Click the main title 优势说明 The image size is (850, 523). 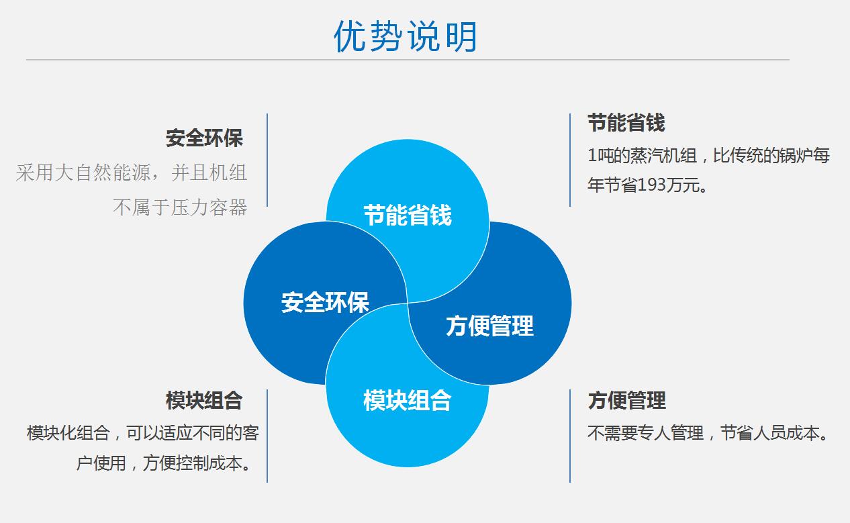(406, 36)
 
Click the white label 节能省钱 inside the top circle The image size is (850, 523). (408, 216)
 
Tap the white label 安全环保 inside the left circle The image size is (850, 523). (325, 303)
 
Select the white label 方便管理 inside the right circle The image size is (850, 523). (490, 326)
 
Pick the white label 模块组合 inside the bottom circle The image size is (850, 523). (407, 400)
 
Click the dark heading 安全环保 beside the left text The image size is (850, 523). (204, 138)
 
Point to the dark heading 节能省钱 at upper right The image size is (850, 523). (626, 123)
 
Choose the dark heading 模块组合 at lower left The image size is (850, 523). (204, 400)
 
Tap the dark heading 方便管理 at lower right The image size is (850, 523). (627, 400)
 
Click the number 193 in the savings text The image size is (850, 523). (652, 185)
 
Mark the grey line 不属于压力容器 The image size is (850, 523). (180, 207)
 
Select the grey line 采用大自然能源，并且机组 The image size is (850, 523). (132, 173)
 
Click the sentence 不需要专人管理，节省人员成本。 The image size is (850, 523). (708, 433)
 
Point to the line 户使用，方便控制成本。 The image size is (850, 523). (164, 463)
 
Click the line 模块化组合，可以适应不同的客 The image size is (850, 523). (143, 433)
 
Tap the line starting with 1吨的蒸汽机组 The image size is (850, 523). (709, 155)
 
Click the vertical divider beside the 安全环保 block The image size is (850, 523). (267, 160)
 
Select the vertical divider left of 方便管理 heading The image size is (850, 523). (570, 436)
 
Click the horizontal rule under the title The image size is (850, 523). (408, 60)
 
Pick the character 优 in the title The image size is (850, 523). (350, 36)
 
